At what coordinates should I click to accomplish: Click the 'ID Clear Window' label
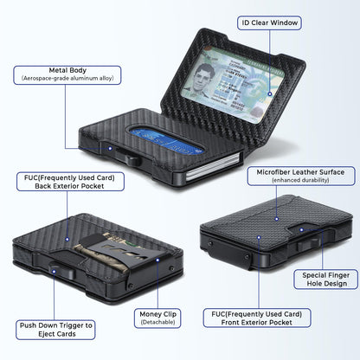point(269,22)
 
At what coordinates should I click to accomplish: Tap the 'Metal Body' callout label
point(67,75)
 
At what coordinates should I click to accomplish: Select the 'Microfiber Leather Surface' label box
point(301,176)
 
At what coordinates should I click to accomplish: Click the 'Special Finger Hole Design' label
point(326,280)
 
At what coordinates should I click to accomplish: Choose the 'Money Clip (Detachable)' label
point(157,318)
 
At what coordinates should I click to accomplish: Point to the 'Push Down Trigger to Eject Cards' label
point(55,330)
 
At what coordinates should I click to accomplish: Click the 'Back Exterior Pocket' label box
point(70,182)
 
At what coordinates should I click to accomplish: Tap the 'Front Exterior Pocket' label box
point(257,318)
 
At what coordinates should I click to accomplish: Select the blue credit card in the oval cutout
point(166,141)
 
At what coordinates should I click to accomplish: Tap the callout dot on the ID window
point(270,93)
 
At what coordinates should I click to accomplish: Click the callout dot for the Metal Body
point(110,149)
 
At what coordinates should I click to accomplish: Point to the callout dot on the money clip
point(157,260)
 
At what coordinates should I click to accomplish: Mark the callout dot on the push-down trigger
point(54,271)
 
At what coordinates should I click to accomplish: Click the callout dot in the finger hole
point(301,230)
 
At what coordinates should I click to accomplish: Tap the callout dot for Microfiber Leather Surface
point(277,219)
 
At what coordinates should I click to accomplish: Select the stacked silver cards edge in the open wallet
point(213,168)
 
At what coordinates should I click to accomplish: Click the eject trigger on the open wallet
point(133,159)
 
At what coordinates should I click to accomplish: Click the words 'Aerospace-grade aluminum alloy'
point(67,79)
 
